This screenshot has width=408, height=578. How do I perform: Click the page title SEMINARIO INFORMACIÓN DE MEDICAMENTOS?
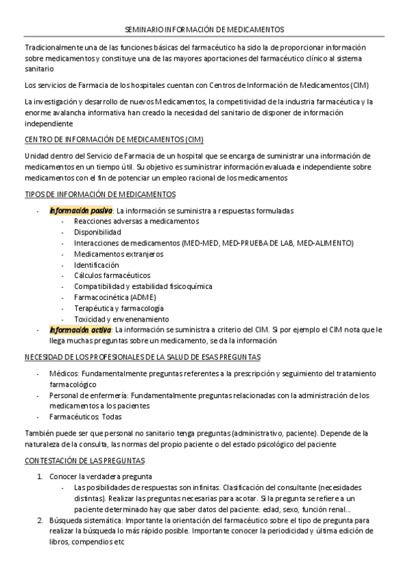tap(205, 29)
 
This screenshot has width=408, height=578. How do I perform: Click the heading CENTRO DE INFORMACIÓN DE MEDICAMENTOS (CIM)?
tap(114, 140)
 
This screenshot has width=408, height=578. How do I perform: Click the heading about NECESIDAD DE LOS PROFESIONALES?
tap(142, 357)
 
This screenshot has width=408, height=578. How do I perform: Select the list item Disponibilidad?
tap(97, 232)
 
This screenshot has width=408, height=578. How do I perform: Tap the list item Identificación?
tap(96, 264)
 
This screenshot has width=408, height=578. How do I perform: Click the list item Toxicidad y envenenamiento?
tap(121, 319)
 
